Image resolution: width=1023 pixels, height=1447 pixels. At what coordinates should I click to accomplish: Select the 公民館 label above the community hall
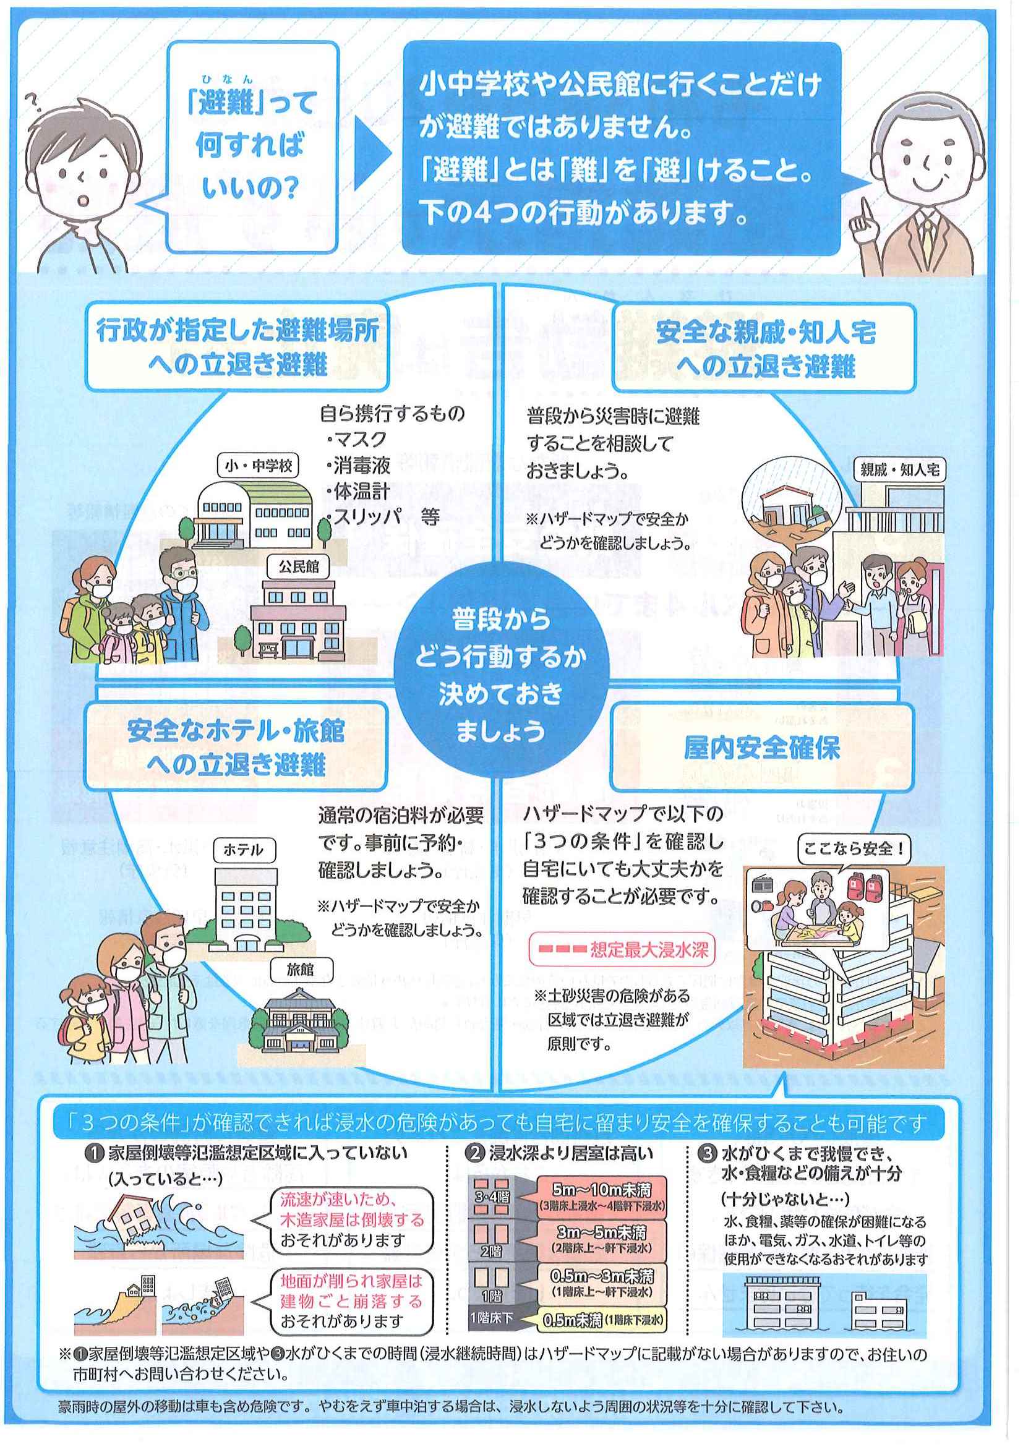298,566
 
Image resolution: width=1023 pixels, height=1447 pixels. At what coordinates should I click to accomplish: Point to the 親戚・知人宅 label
900,469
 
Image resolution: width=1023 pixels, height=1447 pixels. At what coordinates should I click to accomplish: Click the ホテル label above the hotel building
243,850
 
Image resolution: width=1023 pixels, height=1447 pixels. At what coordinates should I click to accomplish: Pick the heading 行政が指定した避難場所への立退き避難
238,347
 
